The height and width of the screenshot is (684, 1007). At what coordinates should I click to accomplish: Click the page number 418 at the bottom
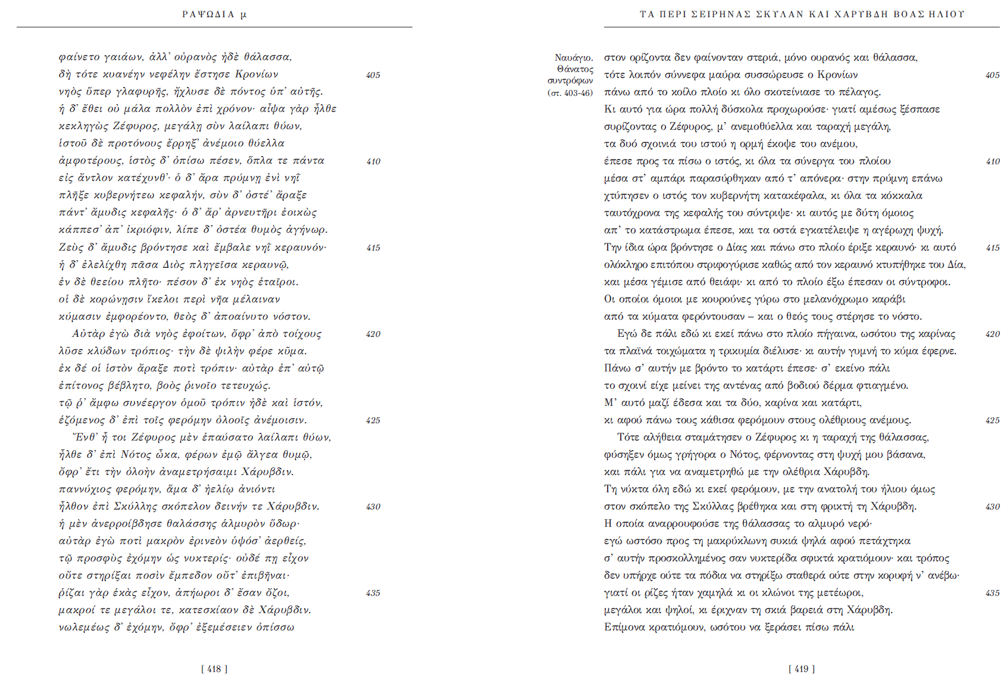(214, 669)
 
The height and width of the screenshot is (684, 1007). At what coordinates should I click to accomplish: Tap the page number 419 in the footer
(802, 669)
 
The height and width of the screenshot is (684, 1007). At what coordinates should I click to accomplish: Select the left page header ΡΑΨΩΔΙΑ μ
(214, 14)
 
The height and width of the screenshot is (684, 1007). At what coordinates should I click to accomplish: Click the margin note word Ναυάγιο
(574, 58)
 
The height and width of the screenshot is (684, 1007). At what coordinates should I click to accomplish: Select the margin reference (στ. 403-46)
(570, 92)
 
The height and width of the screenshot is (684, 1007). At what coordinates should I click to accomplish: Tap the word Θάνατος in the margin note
(575, 69)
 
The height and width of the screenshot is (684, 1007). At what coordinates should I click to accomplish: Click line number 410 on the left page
(373, 161)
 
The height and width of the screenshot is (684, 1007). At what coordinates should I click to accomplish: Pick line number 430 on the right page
(992, 507)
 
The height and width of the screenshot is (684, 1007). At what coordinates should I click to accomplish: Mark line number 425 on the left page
(373, 420)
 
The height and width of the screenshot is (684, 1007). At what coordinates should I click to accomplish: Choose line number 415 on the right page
(992, 248)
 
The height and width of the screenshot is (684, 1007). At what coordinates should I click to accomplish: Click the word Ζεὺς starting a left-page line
(71, 247)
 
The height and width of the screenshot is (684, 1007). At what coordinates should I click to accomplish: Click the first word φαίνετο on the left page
(79, 57)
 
